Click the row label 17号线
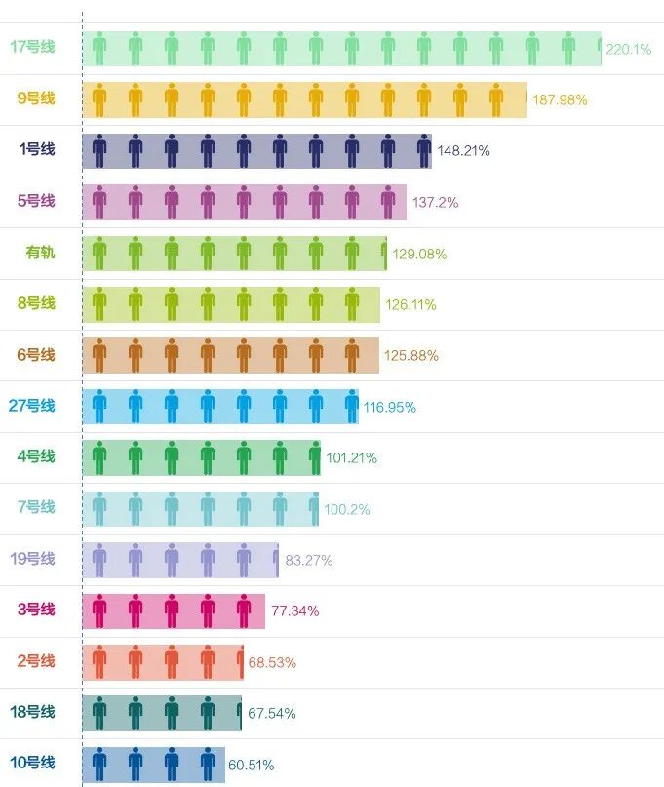(32, 47)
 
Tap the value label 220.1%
(628, 49)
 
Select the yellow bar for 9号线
(304, 99)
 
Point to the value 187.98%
(560, 99)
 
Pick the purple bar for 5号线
(244, 202)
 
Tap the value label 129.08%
(419, 254)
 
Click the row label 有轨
(40, 253)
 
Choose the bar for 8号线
(231, 304)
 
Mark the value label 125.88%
(411, 355)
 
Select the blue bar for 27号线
(220, 407)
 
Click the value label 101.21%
(351, 457)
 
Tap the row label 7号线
(36, 507)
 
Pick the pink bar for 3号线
(174, 610)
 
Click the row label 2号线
(36, 661)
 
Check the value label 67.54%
(272, 714)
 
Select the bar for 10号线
(153, 764)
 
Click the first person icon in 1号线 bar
(99, 151)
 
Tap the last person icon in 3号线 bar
(244, 610)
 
